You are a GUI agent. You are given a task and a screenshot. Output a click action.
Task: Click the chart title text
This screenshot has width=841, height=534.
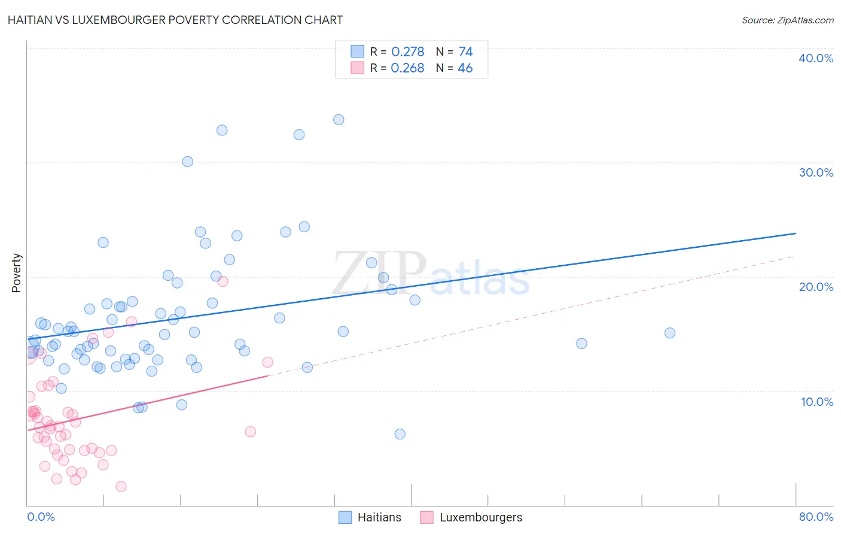[175, 20]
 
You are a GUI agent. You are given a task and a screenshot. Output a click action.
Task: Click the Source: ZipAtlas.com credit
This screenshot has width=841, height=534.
[787, 20]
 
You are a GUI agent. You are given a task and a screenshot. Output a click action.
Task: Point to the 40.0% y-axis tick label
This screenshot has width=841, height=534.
[816, 58]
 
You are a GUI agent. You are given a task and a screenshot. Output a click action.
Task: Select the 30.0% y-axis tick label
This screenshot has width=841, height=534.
[816, 172]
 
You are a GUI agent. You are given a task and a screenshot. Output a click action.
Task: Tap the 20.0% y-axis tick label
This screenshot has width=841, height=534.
[816, 287]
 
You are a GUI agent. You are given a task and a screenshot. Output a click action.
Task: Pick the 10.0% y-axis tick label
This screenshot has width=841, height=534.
[816, 402]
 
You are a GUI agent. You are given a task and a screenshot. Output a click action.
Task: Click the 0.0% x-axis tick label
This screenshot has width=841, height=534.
[41, 517]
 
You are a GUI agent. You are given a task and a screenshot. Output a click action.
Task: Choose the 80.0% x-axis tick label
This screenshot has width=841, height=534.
[816, 517]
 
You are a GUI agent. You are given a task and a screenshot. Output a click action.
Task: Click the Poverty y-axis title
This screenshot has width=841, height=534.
[16, 273]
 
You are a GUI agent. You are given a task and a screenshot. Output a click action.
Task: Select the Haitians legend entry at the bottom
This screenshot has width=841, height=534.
[379, 517]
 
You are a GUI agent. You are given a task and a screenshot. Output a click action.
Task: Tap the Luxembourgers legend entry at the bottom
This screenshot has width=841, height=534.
[480, 517]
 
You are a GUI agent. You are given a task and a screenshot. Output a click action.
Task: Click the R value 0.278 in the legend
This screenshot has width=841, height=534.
[407, 52]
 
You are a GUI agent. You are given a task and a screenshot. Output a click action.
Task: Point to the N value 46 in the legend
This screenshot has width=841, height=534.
[465, 68]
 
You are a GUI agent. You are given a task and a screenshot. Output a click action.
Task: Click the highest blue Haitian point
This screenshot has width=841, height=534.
[339, 120]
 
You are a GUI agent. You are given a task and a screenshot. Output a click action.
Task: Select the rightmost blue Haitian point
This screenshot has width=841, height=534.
[670, 333]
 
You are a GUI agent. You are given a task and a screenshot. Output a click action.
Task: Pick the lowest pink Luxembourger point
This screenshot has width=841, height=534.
[121, 486]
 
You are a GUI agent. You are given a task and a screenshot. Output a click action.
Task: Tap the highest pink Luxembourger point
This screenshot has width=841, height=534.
[223, 281]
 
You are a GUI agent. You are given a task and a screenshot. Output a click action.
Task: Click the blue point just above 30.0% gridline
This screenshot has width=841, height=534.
[188, 162]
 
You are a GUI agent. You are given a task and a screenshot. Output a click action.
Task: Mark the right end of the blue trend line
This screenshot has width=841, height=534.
[796, 233]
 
